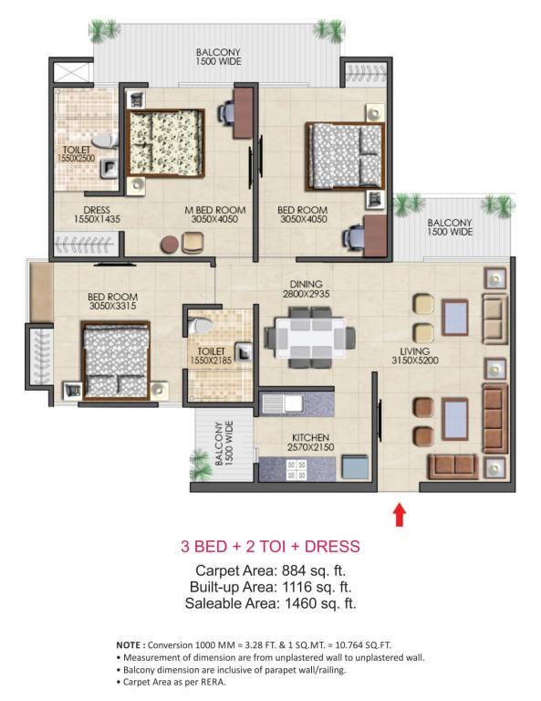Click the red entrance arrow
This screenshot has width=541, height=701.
point(400,515)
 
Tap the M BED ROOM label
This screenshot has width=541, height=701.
point(215,210)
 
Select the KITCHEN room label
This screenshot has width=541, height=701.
point(310,438)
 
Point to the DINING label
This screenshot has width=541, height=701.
point(306,285)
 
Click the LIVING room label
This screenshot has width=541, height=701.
point(414,351)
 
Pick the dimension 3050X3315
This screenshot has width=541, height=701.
point(112,306)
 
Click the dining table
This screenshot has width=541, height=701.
point(310,337)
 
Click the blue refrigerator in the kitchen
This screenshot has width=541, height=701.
point(355,467)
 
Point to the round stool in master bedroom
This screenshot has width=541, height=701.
point(170,245)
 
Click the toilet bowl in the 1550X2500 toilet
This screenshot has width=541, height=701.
point(108,140)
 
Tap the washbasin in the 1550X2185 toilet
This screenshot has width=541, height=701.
point(244,352)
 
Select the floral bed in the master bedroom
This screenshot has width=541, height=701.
point(165,143)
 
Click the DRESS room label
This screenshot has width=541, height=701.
point(97,210)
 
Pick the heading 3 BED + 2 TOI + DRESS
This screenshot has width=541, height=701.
point(270,547)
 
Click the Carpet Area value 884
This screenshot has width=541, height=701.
point(294,570)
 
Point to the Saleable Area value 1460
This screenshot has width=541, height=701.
point(301,603)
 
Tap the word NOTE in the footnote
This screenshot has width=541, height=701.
point(129,645)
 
